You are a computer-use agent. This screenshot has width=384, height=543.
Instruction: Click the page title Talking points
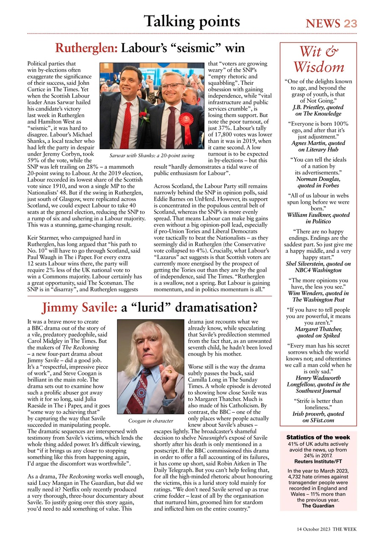point(192,21)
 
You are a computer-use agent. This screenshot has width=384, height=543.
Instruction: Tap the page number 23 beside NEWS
point(350,24)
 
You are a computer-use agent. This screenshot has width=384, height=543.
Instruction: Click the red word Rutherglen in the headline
point(86,48)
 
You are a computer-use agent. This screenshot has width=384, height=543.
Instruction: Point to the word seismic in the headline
point(199,48)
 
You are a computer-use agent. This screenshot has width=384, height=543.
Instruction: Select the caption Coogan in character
point(150,421)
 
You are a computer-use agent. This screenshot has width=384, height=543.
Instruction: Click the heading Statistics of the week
point(318,437)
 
